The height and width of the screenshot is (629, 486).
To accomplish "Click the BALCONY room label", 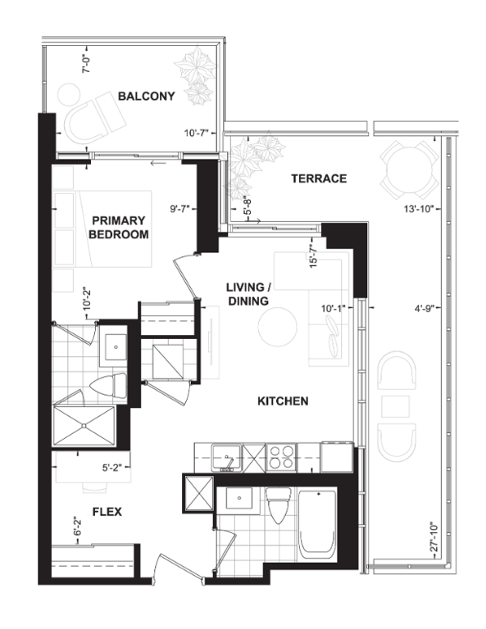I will click(147, 97).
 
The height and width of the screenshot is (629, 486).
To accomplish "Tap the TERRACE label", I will click(320, 179).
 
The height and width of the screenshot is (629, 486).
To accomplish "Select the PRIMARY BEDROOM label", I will click(120, 227).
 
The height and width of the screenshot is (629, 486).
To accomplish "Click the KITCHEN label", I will click(283, 401).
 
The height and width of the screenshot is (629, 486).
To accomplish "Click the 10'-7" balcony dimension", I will click(198, 132).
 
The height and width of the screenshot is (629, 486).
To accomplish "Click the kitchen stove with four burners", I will click(280, 455).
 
